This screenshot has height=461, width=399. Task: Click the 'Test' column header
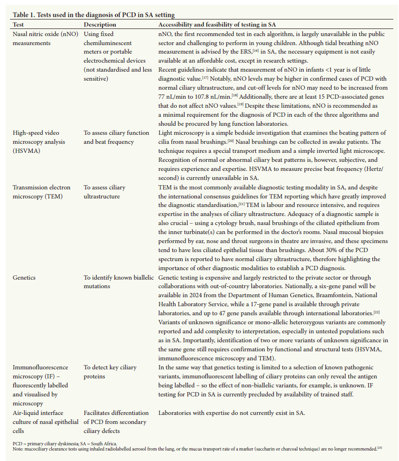[x=19, y=24]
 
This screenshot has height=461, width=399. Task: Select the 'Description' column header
[x=100, y=24]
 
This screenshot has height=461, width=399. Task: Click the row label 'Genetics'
[x=25, y=277]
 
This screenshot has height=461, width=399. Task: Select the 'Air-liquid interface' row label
[x=37, y=413]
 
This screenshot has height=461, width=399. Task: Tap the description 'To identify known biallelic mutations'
[x=117, y=282]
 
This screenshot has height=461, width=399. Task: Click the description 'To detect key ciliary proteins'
[x=110, y=372]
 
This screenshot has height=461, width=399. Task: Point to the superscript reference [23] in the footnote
[x=379, y=447]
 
